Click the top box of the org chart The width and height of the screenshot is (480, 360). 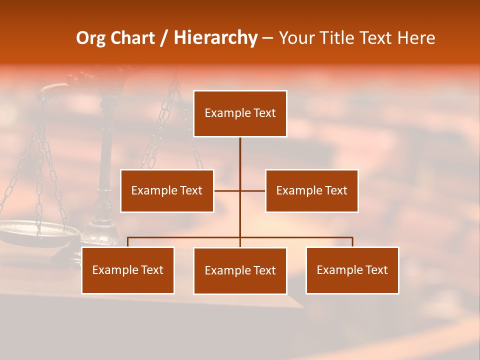click(x=240, y=113)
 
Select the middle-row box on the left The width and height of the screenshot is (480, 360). click(x=167, y=190)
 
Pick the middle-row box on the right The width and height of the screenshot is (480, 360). click(x=312, y=190)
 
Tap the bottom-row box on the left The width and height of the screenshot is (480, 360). click(x=128, y=270)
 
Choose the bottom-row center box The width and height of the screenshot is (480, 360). click(x=240, y=270)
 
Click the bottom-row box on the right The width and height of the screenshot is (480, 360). click(x=352, y=270)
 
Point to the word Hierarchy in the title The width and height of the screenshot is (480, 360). click(x=215, y=38)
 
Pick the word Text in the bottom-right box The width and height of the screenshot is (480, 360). click(x=376, y=270)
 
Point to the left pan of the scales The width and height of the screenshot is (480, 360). click(x=37, y=231)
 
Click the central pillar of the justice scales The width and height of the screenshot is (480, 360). click(x=106, y=165)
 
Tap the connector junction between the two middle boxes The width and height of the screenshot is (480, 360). click(x=240, y=190)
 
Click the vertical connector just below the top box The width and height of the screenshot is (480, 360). click(x=240, y=150)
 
